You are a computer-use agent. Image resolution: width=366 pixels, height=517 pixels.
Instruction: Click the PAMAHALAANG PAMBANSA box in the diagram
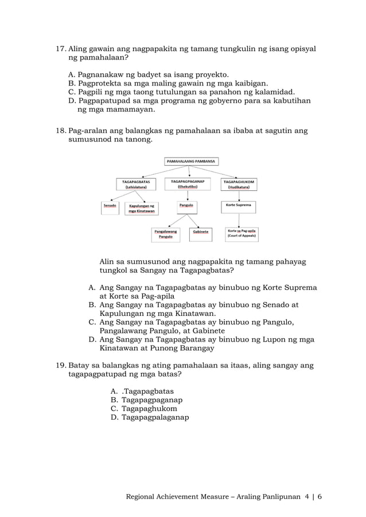point(191,162)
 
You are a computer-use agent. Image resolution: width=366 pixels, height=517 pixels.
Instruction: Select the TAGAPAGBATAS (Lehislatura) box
point(136,183)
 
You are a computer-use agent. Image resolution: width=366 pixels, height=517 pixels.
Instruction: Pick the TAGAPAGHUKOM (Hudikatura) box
point(239,183)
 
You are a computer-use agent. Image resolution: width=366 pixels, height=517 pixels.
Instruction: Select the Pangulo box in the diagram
point(186,205)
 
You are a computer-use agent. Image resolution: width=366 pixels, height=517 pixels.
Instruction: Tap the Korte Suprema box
point(239,205)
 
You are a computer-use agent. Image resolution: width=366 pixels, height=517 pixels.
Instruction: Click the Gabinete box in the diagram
point(201,233)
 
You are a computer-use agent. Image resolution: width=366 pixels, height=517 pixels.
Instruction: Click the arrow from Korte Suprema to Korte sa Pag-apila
point(239,219)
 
